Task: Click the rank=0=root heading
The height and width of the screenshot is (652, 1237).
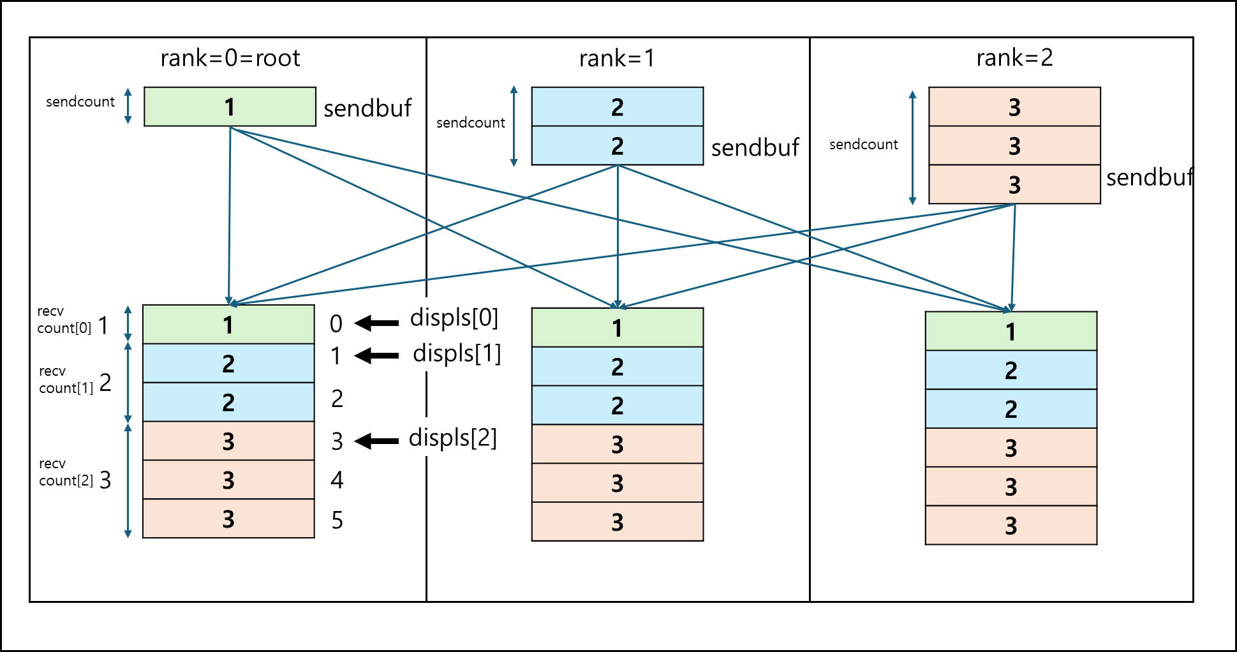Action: click(230, 58)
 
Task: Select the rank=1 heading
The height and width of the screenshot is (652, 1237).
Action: click(617, 59)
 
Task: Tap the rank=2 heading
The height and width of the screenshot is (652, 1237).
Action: click(1014, 58)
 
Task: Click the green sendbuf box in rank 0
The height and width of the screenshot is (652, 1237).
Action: click(230, 107)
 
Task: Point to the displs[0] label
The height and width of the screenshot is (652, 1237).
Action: click(454, 318)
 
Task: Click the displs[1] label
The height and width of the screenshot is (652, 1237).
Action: click(457, 353)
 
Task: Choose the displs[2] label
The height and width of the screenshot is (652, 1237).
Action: click(453, 438)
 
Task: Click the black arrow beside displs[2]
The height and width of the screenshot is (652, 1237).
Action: click(376, 441)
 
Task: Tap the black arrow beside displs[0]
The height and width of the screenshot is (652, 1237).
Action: click(376, 323)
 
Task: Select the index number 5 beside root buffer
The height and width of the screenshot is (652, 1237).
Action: click(337, 521)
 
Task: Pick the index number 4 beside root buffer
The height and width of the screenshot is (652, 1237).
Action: click(337, 480)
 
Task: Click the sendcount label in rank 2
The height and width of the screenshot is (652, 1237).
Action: click(864, 145)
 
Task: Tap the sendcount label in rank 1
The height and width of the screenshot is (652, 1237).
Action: click(471, 122)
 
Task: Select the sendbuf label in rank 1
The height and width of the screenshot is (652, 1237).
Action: click(755, 148)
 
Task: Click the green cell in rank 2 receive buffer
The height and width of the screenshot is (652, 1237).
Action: click(1011, 331)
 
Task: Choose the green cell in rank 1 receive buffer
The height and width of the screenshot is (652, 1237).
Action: click(618, 328)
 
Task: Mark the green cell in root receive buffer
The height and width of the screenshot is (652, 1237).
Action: click(228, 325)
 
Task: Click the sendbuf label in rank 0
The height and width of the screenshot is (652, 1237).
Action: click(367, 109)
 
